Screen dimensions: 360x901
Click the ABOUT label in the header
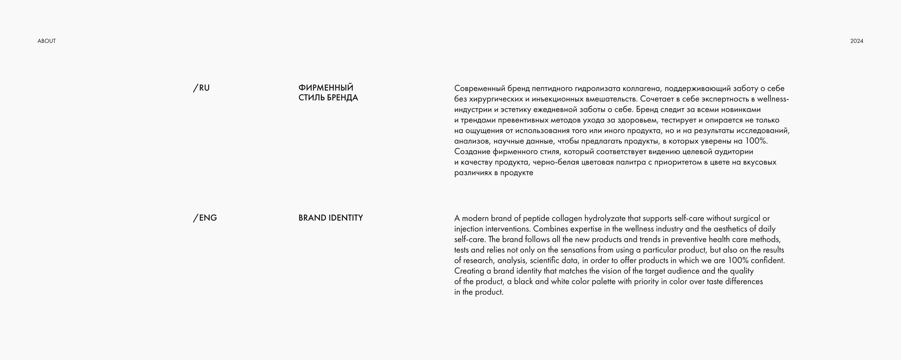(46, 41)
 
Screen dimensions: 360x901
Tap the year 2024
(857, 41)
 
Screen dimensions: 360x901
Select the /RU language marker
(202, 88)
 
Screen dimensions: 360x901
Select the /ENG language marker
(205, 218)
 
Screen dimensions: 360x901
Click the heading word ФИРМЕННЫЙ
(326, 87)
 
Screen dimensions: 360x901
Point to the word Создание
(472, 152)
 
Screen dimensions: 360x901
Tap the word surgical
(746, 219)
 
